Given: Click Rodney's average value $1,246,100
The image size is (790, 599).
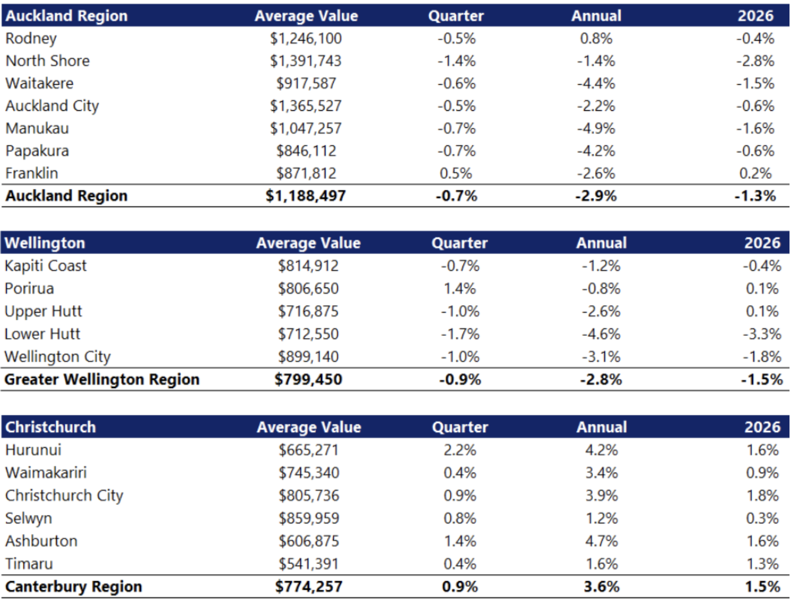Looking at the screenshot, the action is [x=306, y=38].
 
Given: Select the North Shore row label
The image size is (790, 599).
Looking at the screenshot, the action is [x=47, y=61].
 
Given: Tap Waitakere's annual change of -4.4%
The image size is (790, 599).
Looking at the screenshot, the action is [x=596, y=84].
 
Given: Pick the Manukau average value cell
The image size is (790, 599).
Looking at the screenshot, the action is [x=306, y=128].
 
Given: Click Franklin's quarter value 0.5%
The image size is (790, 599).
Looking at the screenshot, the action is [x=456, y=174].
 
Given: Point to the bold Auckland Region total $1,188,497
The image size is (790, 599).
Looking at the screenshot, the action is [x=306, y=196].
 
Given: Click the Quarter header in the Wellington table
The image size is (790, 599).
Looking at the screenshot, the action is [x=459, y=243].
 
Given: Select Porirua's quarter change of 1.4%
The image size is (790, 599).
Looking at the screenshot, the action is [x=460, y=289].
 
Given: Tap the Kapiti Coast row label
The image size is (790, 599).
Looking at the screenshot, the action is [x=45, y=266].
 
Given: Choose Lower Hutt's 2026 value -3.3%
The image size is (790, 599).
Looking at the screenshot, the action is [x=762, y=334].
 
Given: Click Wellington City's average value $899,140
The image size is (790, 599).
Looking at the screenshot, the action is [x=308, y=357].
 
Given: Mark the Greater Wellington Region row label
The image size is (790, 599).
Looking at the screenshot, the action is [x=102, y=380].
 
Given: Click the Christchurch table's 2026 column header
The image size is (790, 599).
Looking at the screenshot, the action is [x=762, y=427].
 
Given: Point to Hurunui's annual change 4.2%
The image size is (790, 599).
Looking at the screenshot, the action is [x=601, y=450].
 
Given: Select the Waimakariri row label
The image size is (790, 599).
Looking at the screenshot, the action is [x=46, y=473].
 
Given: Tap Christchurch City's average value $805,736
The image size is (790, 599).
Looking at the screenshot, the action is [x=309, y=496].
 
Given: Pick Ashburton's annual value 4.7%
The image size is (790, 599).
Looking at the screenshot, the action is [x=601, y=541].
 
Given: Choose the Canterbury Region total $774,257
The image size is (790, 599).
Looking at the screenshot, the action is [x=309, y=587].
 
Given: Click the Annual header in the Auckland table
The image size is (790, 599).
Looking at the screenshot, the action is [x=596, y=16].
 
